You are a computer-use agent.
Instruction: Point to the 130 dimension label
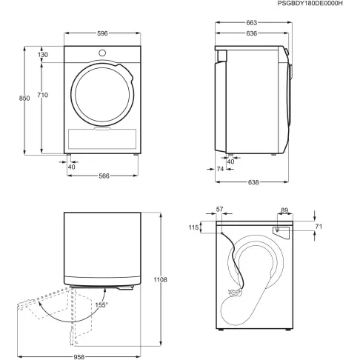click(43, 55)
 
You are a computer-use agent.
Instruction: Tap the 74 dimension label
click(221, 170)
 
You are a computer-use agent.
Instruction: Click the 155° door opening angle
click(101, 304)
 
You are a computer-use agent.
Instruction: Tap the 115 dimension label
click(195, 228)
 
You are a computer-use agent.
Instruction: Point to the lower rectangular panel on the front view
click(101, 138)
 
